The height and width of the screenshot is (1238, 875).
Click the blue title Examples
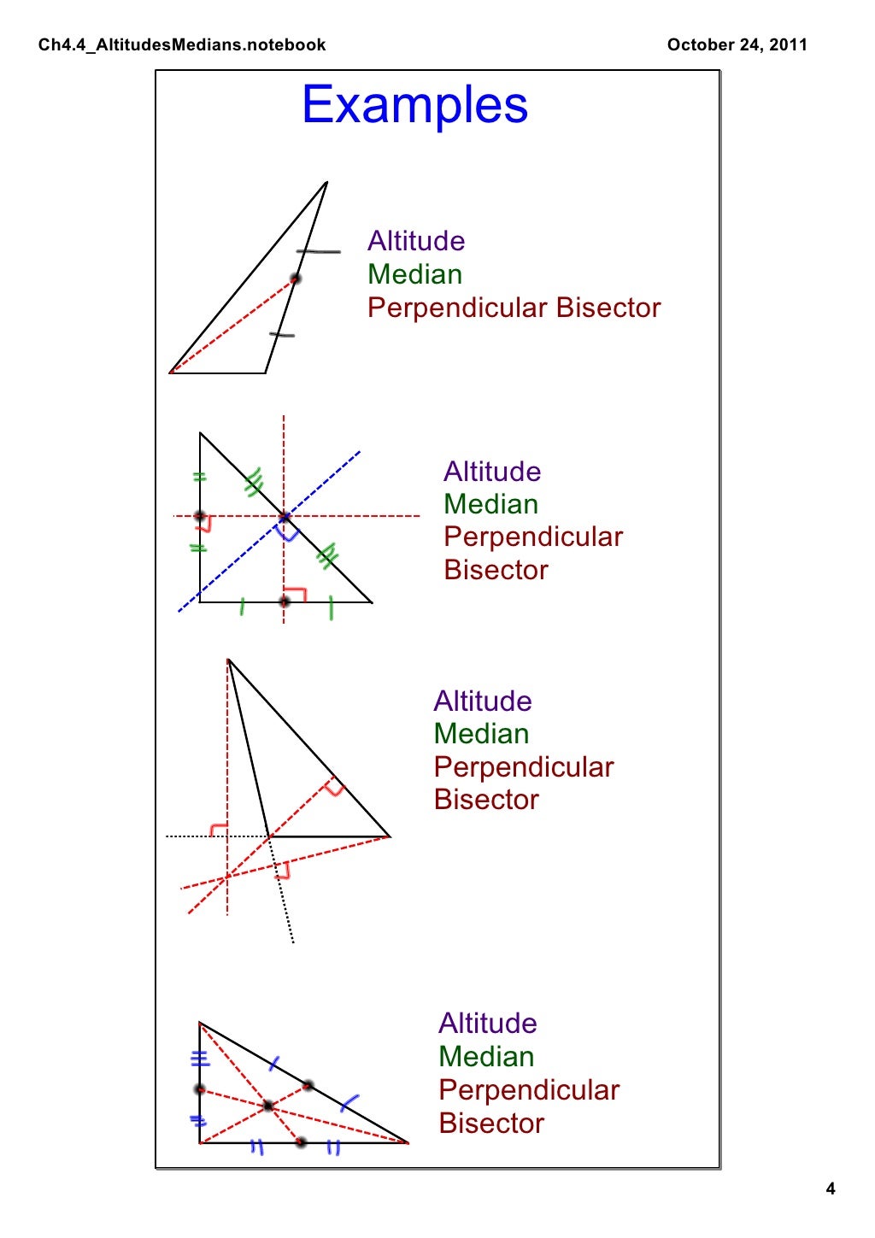pos(414,105)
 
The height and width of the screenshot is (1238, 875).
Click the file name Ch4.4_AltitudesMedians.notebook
pos(182,45)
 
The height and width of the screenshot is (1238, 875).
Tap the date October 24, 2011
pos(737,45)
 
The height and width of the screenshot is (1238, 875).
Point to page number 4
pos(830,1188)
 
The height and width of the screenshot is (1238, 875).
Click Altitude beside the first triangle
pos(416,241)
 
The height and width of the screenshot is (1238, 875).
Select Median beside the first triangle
pos(414,274)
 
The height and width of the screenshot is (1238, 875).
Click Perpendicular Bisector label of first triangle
pos(514,308)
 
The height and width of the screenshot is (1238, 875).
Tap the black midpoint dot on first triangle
pos(295,279)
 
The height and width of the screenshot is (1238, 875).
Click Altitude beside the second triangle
pos(492,472)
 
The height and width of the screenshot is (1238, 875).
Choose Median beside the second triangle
pos(490,504)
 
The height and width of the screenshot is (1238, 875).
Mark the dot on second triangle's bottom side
pos(285,601)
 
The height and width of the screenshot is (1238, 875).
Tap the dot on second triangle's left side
pos(200,516)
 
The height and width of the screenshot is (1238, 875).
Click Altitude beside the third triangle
pos(483,701)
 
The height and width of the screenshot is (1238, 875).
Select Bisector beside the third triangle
pos(486,800)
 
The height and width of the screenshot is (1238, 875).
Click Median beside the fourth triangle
pos(486,1057)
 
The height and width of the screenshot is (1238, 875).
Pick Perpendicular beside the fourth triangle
pos(529,1090)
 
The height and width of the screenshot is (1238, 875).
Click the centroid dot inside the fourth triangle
pos(268,1106)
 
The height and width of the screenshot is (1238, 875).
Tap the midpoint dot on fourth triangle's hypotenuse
pos(308,1085)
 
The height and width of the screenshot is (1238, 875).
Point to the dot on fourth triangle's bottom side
pos(300,1142)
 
